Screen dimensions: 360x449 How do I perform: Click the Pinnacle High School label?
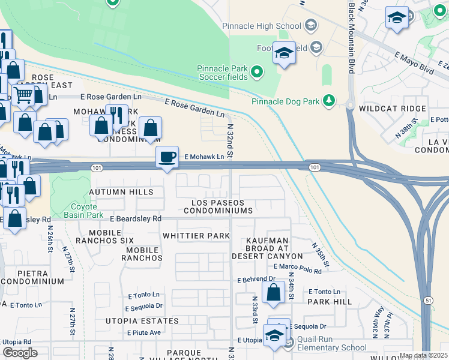pyautogui.click(x=261, y=26)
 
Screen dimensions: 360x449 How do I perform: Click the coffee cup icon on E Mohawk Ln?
pyautogui.click(x=167, y=157)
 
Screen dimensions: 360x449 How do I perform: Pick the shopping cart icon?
pyautogui.click(x=23, y=94)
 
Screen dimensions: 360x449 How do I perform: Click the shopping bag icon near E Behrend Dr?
pyautogui.click(x=273, y=293)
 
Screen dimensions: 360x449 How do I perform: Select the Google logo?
pyautogui.click(x=20, y=353)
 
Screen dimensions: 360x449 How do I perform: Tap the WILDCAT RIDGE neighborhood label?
pyautogui.click(x=392, y=109)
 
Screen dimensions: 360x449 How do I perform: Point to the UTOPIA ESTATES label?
pyautogui.click(x=141, y=321)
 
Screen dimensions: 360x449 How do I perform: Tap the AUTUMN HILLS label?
pyautogui.click(x=118, y=192)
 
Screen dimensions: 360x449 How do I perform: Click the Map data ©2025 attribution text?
pyautogui.click(x=423, y=355)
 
